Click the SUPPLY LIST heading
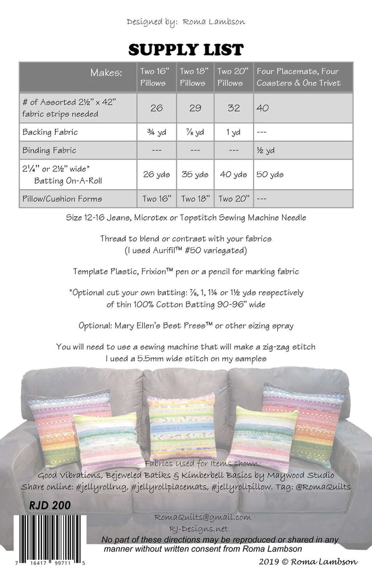point(186,50)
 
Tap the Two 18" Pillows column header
point(195,77)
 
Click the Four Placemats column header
point(303,77)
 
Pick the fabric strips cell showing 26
point(157,107)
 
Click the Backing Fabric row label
point(50,133)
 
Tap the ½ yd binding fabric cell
point(265,150)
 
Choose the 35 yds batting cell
point(195,174)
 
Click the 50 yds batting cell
point(270,174)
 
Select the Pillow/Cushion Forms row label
point(63,199)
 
